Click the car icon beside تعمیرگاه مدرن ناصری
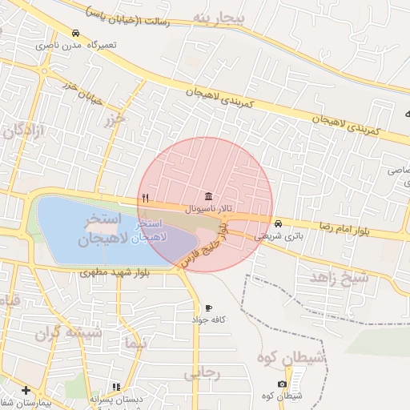(75, 34)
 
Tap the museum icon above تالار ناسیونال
(209, 197)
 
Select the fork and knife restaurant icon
(145, 197)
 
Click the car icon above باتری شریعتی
(278, 223)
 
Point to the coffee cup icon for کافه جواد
(209, 307)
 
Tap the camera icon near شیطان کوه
(282, 384)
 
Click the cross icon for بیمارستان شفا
(26, 390)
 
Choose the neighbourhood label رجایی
(202, 373)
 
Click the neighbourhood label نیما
(136, 344)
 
